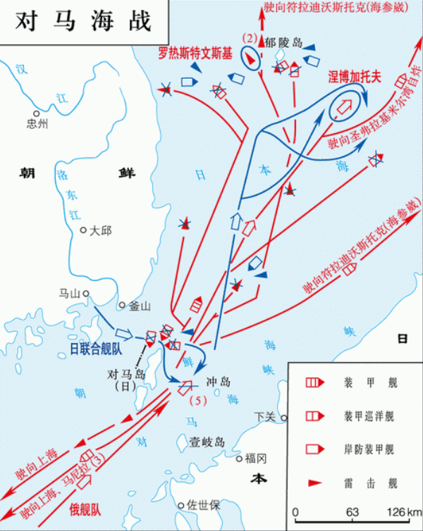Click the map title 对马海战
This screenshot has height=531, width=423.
[83, 20]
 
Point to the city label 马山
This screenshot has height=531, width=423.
[69, 293]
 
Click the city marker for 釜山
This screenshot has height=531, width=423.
[122, 306]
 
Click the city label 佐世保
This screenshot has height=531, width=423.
[204, 505]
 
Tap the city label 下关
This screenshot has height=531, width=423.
[265, 417]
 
